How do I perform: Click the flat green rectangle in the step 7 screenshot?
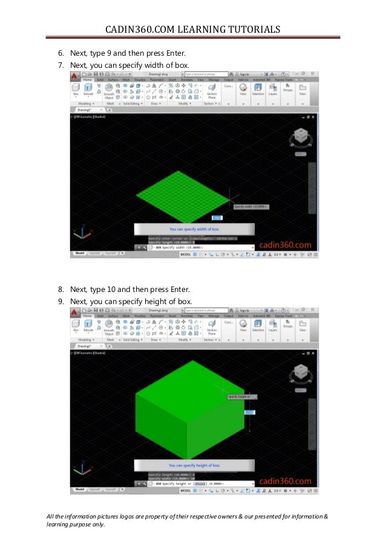point(182,194)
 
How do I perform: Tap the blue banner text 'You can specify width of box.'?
point(194,230)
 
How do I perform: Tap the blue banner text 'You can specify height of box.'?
point(194,465)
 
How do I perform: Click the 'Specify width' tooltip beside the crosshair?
point(250,207)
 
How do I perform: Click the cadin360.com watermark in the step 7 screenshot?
point(285,245)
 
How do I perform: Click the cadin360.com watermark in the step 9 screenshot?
point(285,481)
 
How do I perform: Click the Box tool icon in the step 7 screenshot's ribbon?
point(76,89)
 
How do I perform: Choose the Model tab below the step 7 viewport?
point(79,253)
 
